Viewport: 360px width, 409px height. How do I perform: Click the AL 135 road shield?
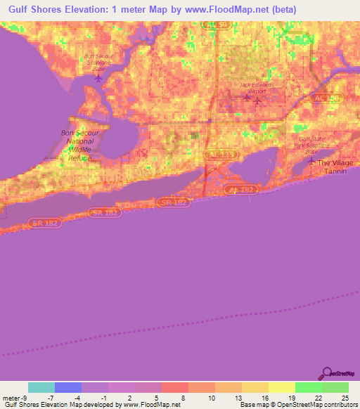(x=220, y=153)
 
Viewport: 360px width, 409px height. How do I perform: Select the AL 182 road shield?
(x=243, y=190)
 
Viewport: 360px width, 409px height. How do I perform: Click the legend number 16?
(x=264, y=397)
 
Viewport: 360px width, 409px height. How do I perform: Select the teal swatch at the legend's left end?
(x=41, y=387)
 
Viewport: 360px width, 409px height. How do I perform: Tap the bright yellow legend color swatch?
(x=281, y=387)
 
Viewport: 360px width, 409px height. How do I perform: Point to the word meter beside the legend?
(x=11, y=397)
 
